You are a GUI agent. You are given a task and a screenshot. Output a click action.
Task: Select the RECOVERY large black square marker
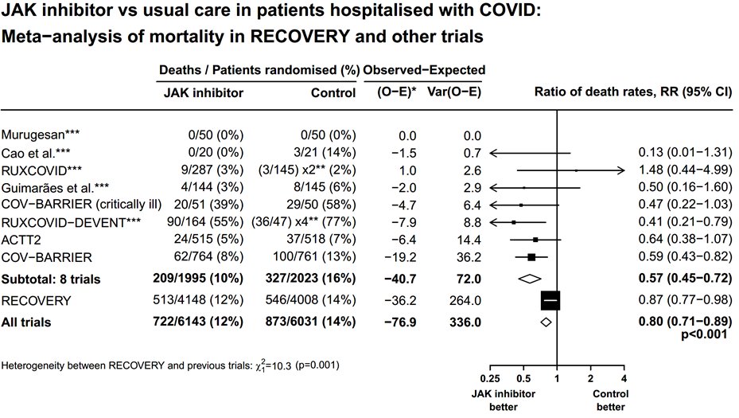[x=550, y=299]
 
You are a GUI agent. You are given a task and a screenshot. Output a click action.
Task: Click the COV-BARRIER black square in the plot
[x=531, y=256]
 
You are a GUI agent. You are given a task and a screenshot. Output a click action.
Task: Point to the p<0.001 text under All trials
[x=706, y=336]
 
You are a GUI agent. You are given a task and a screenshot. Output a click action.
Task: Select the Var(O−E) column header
[x=453, y=92]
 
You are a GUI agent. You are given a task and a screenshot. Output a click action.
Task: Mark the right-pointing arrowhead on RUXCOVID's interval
[x=620, y=170]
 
